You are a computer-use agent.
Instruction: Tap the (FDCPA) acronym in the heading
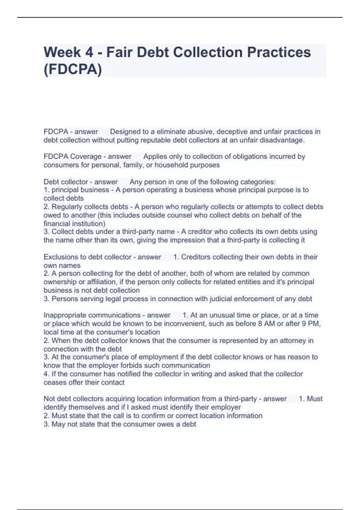73,69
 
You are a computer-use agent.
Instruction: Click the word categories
258,182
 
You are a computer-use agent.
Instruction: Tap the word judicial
214,299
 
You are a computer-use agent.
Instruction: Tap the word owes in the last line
168,424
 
